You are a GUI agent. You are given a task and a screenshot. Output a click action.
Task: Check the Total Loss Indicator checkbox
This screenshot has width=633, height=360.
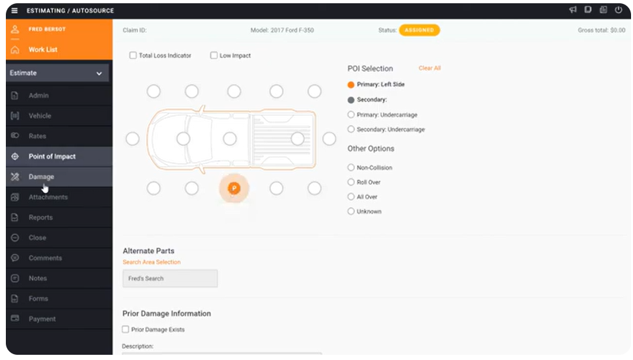133,56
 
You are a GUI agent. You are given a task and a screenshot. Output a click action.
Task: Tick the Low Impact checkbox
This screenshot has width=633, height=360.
214,56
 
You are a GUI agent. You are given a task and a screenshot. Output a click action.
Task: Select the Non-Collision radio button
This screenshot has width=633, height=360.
351,168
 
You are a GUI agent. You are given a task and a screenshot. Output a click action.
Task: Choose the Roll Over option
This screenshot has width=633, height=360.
351,182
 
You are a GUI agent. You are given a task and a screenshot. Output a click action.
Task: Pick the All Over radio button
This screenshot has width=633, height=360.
351,197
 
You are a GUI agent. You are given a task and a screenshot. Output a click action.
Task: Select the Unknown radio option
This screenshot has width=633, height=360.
351,212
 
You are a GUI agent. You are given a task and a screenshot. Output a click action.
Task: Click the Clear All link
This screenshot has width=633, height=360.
430,68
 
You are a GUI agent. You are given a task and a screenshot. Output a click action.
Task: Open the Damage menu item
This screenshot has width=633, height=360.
41,177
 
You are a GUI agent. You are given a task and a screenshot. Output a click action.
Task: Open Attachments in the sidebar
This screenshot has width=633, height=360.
48,197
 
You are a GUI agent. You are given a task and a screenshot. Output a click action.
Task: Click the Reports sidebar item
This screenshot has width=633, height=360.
40,217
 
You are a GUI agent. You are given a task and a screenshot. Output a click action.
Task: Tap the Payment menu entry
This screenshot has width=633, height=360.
42,319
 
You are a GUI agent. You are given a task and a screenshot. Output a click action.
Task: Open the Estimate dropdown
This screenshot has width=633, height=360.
56,74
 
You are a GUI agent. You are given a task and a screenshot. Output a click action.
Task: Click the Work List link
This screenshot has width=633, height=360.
42,49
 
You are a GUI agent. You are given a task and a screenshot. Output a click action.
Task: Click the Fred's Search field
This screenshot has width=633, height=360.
170,279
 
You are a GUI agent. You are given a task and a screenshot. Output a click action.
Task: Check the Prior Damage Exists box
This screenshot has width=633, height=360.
126,329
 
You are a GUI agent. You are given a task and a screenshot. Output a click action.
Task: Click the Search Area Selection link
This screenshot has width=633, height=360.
152,262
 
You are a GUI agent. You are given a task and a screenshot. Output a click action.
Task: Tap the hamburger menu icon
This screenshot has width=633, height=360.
14,10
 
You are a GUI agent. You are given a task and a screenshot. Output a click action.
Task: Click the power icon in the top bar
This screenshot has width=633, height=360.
619,10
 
